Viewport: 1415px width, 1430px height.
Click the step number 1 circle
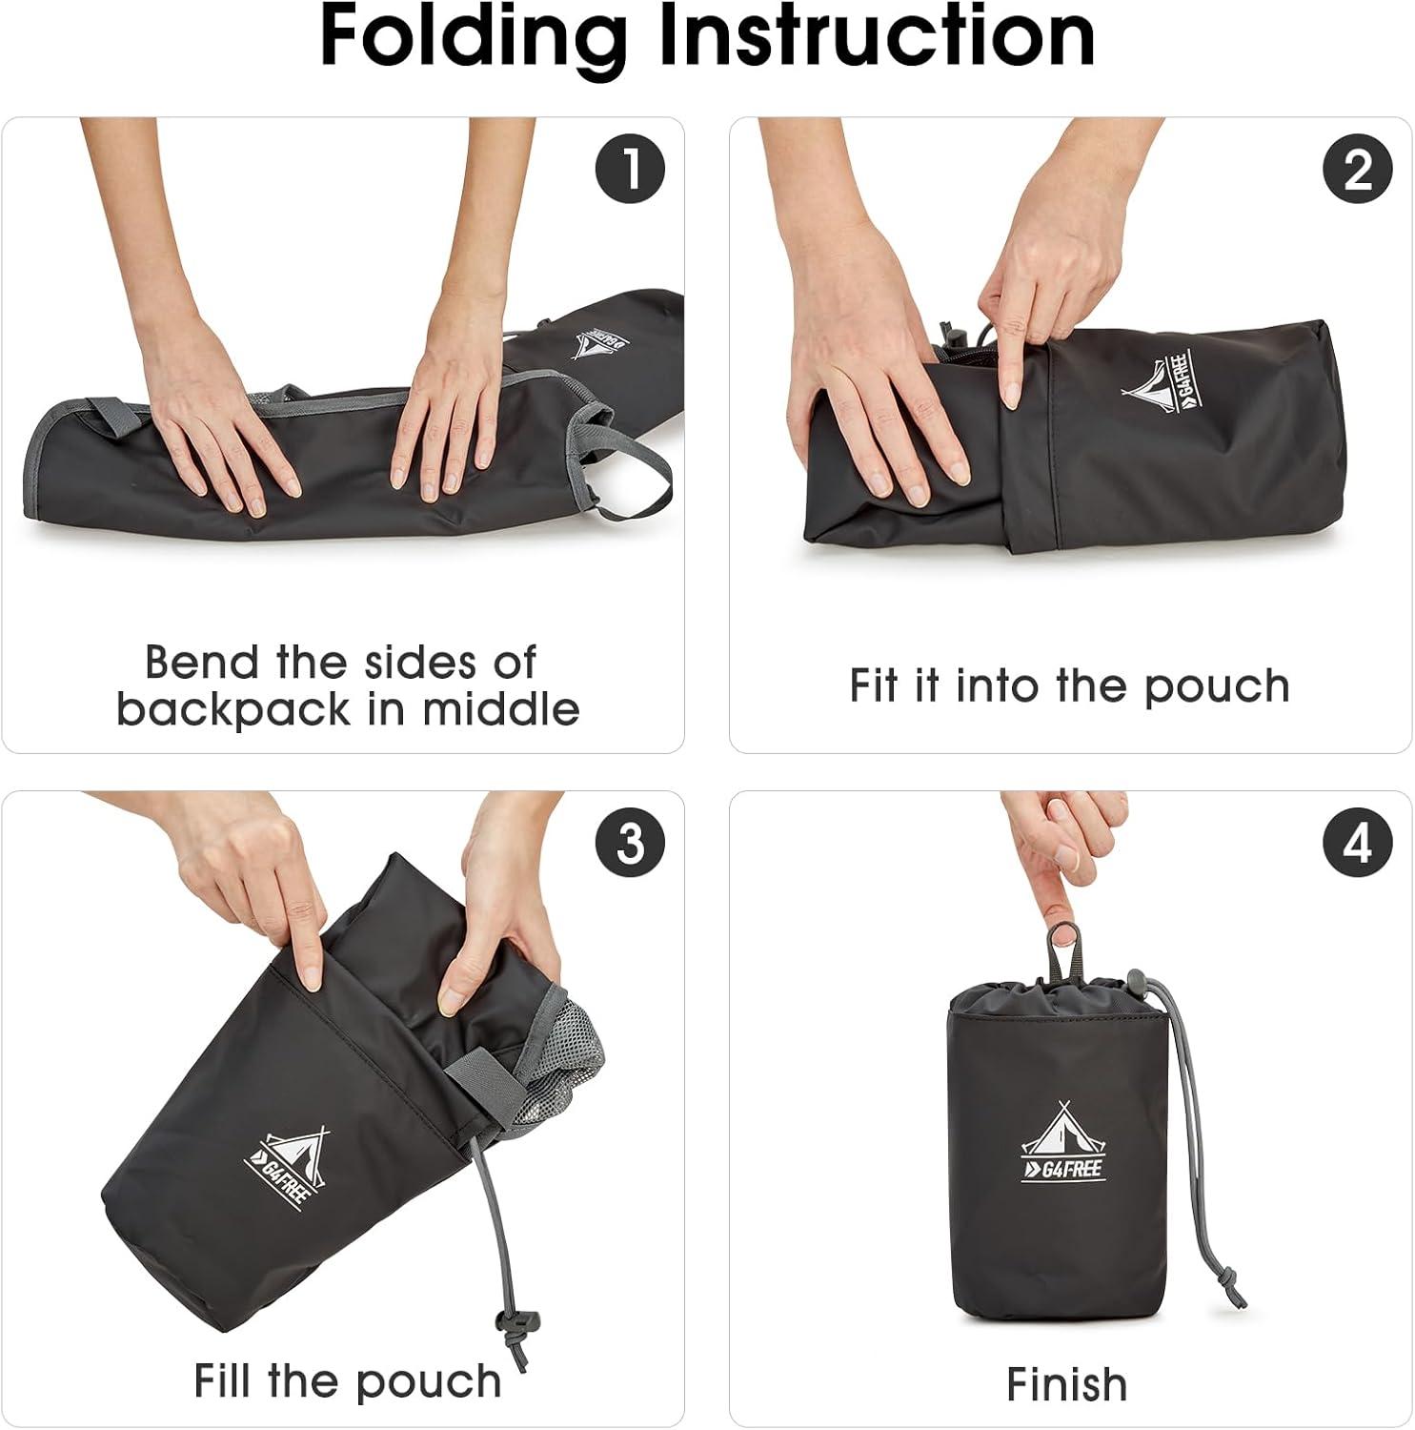(630, 170)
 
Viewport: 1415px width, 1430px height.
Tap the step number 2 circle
(1358, 170)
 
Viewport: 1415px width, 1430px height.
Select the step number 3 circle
(630, 843)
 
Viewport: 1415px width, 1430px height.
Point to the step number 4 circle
(1358, 843)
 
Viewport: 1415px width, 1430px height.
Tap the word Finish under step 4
(1066, 1384)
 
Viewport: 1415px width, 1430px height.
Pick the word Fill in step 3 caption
(225, 1379)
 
